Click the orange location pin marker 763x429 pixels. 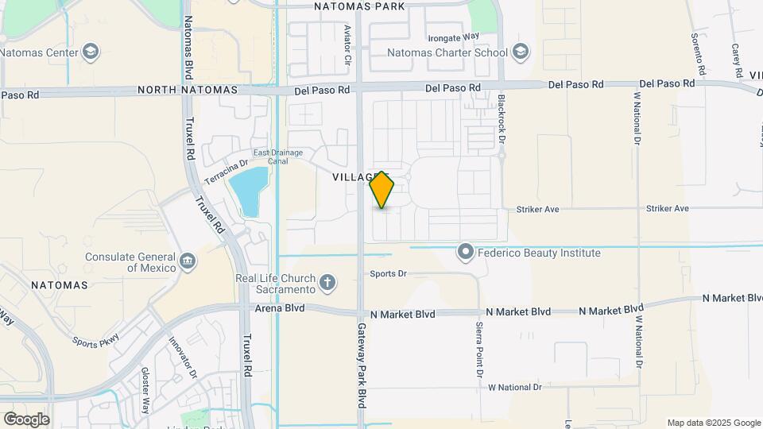(382, 189)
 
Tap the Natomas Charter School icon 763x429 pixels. (521, 52)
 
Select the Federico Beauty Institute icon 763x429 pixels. (466, 253)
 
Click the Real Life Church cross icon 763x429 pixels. (327, 282)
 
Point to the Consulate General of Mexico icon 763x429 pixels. (188, 261)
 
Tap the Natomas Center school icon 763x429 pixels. (91, 53)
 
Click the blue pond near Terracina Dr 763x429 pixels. (248, 191)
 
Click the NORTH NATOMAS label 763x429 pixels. (188, 90)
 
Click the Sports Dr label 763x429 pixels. (389, 274)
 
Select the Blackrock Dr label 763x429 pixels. (502, 118)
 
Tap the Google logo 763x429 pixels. (26, 419)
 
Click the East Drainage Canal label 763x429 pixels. (270, 157)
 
